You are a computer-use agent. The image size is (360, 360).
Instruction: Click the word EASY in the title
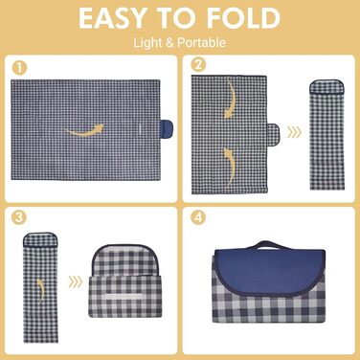tap(112, 18)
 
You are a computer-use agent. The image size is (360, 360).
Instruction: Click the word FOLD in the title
tap(244, 18)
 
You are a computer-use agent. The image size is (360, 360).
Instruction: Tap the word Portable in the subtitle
tap(202, 43)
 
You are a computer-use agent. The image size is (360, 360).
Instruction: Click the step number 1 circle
tap(19, 68)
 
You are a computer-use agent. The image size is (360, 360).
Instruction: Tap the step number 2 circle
tap(197, 65)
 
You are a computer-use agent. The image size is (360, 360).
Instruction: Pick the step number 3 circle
tap(18, 217)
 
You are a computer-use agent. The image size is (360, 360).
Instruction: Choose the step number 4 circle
tap(198, 217)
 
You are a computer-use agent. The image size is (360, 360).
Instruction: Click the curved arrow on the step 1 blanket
tap(85, 131)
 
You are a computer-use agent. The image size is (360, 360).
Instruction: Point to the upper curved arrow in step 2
tap(232, 99)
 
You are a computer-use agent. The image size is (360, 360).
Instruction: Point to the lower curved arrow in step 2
tap(232, 166)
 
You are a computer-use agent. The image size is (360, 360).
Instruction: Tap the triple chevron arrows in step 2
tap(294, 132)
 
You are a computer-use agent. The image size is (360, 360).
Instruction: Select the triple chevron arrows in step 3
tap(76, 281)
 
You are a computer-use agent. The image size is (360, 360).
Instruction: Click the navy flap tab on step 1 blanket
tap(167, 130)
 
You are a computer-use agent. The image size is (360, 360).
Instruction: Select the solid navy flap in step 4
tap(270, 267)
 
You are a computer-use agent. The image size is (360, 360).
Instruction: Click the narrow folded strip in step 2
tap(327, 135)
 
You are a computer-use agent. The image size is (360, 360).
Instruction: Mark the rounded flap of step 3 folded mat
tap(125, 260)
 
